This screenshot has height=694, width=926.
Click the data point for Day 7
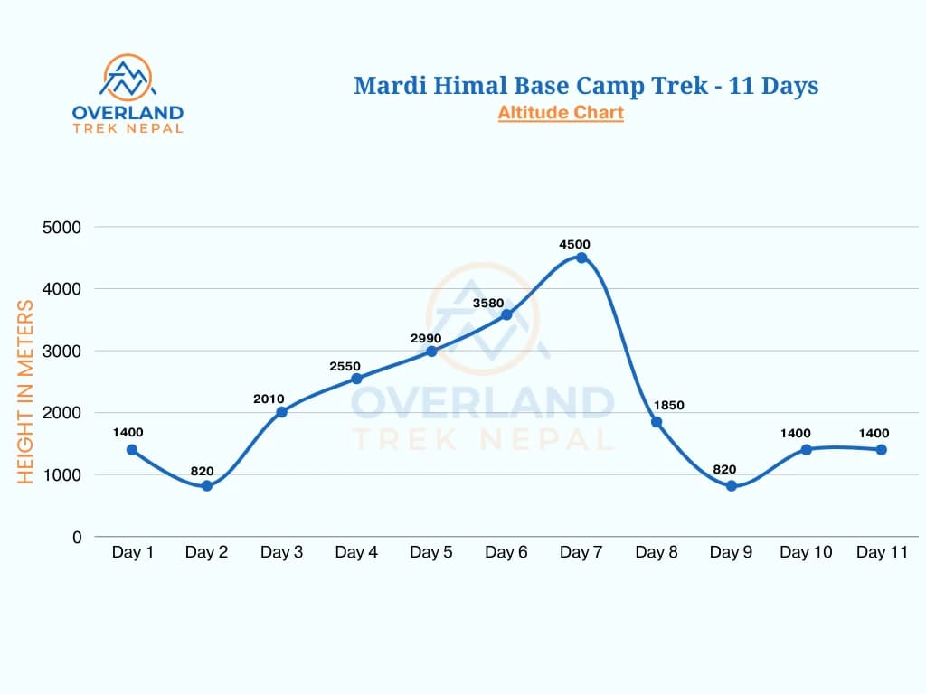[581, 258]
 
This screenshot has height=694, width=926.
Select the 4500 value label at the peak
[575, 244]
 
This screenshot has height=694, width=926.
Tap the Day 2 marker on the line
[207, 485]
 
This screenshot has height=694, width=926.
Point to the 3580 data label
[488, 303]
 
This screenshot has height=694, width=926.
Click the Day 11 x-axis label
[882, 553]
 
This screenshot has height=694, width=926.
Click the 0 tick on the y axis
[77, 537]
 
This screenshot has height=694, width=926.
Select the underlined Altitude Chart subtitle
[560, 113]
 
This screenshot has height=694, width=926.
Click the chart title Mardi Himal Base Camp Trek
[586, 86]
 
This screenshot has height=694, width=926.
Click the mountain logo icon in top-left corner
[128, 78]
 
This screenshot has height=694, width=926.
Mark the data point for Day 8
[657, 422]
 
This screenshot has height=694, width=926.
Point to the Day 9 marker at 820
[732, 486]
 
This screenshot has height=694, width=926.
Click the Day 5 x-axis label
[431, 553]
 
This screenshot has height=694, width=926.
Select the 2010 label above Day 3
[269, 399]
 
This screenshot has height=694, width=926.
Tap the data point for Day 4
[356, 379]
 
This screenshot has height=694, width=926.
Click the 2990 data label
[425, 338]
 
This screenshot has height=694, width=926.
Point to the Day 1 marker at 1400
[132, 450]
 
